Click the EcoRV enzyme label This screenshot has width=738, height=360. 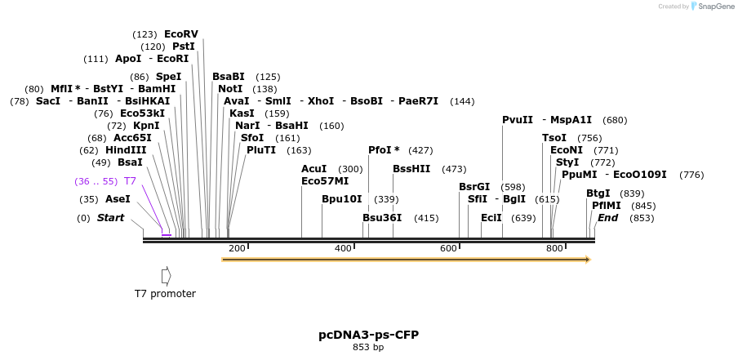[x=180, y=34]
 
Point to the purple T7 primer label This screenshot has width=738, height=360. [x=130, y=180]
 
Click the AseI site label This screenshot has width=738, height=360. [x=118, y=199]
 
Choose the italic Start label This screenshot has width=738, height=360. [x=110, y=218]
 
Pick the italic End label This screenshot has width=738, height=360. [x=607, y=218]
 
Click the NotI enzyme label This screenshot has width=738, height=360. [x=230, y=89]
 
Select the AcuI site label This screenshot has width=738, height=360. [x=314, y=169]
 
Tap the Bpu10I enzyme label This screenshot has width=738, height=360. [x=341, y=199]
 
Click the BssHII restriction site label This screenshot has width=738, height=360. [x=411, y=169]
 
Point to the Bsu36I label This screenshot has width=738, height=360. [x=382, y=218]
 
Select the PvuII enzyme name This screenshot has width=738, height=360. [x=517, y=120]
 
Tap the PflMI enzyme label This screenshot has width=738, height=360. [x=607, y=206]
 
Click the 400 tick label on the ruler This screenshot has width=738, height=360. [x=343, y=247]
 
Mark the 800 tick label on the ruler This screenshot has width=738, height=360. [x=553, y=247]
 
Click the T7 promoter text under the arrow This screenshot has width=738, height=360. [x=165, y=294]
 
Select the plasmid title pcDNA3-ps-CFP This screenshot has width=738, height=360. [x=368, y=335]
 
